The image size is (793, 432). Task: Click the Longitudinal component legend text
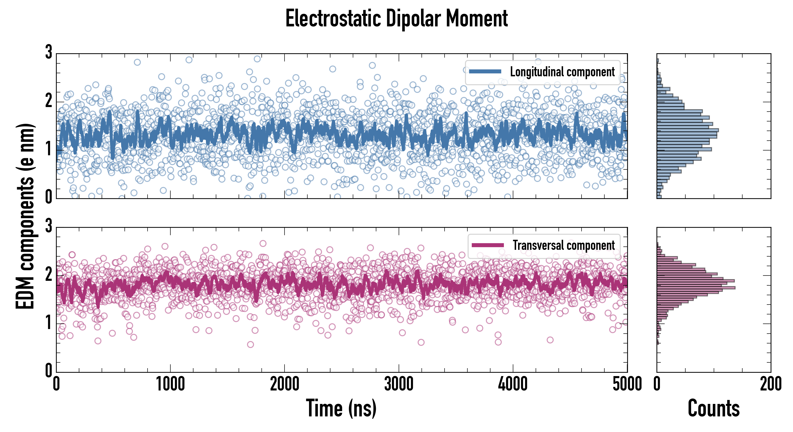(562, 72)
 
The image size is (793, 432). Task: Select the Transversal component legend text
(563, 245)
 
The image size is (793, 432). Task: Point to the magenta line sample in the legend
(488, 245)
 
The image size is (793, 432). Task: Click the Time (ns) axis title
(341, 408)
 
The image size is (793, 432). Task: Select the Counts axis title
(713, 408)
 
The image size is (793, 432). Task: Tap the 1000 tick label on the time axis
(170, 384)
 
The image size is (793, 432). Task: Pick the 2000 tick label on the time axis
(285, 384)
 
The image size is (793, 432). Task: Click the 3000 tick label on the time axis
(399, 384)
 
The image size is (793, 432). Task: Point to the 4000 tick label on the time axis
(513, 384)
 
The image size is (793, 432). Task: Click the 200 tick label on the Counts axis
(770, 384)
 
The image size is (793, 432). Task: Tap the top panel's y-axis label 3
(49, 52)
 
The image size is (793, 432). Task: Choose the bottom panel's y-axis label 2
(49, 275)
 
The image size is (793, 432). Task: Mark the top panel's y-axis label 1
(49, 149)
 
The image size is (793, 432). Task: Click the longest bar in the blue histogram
(688, 130)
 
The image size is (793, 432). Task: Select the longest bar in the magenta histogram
(696, 288)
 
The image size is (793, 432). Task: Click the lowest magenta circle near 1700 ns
(251, 344)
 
